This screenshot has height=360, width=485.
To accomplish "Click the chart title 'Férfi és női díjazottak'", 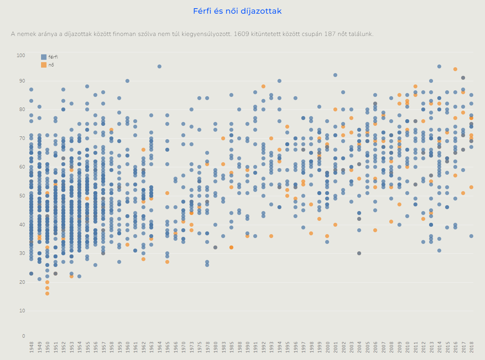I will [237, 11].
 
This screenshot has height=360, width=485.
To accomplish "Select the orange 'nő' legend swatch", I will [43, 65].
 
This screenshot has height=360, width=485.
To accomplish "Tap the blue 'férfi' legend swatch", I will [43, 57].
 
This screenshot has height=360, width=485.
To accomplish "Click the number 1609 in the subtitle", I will [242, 34].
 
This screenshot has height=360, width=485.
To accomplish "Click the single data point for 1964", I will [159, 66].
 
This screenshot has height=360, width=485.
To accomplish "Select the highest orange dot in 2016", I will [455, 69].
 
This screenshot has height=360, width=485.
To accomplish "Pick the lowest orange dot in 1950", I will [47, 294].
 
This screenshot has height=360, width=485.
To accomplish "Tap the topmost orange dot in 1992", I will [263, 86].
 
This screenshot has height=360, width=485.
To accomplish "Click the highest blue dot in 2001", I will [335, 75].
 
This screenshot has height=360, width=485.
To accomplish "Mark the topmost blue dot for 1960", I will [127, 81].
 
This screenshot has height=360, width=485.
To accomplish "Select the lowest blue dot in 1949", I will [39, 279].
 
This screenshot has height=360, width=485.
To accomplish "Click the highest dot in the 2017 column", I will [463, 78].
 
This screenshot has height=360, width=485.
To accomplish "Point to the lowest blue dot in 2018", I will [471, 236].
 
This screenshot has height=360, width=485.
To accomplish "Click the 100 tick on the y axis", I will [21, 55].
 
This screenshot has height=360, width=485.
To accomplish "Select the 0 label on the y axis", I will [23, 336].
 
